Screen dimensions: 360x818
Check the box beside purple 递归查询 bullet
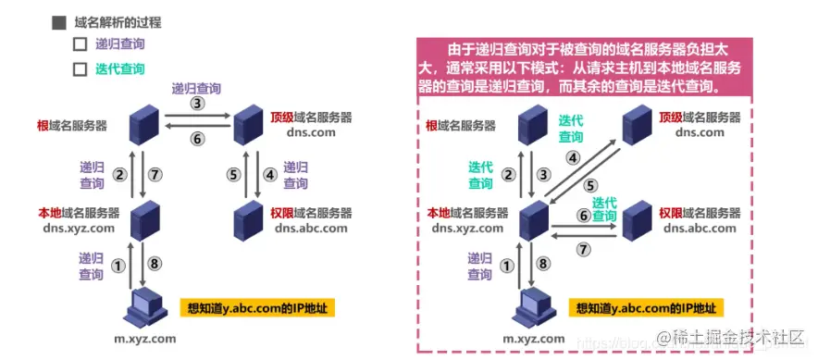(x=80, y=43)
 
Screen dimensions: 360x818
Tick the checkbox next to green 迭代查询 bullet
(x=80, y=68)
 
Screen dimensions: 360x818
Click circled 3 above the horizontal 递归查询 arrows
(x=196, y=104)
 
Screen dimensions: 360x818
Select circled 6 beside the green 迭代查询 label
(x=584, y=215)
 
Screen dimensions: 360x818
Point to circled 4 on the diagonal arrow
(x=573, y=157)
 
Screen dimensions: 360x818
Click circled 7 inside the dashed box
(x=583, y=248)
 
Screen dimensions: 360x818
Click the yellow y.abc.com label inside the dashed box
(x=648, y=308)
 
